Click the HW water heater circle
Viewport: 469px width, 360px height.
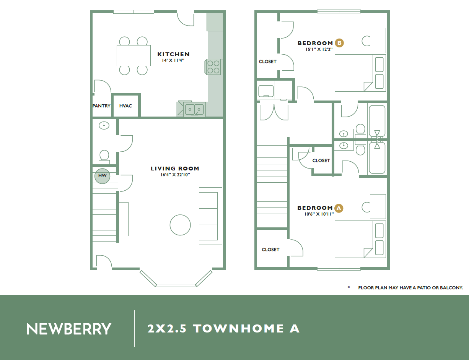pos(102,176)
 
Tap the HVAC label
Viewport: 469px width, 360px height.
pos(125,106)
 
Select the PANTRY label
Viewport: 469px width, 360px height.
pos(101,106)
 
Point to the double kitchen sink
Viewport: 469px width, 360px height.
pos(194,110)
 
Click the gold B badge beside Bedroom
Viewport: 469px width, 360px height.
pos(339,43)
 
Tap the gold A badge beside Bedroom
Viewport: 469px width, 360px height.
pos(339,208)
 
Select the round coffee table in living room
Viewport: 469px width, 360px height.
pos(180,225)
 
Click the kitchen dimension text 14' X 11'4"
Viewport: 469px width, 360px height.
pos(173,61)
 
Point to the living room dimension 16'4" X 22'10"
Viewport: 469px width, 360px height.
pos(175,175)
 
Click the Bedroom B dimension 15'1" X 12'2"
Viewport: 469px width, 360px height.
pos(319,49)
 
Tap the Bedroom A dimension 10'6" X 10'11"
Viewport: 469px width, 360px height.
pos(319,214)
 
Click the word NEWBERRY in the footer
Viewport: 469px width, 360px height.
pos(69,329)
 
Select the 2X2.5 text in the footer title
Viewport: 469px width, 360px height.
pos(167,329)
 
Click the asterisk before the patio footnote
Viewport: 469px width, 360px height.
pos(348,287)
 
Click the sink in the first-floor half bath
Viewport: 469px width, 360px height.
pos(104,125)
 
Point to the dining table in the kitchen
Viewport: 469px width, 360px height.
pos(134,55)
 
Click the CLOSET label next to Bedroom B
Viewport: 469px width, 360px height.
pos(268,62)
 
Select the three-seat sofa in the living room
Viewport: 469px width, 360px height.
pos(210,216)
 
